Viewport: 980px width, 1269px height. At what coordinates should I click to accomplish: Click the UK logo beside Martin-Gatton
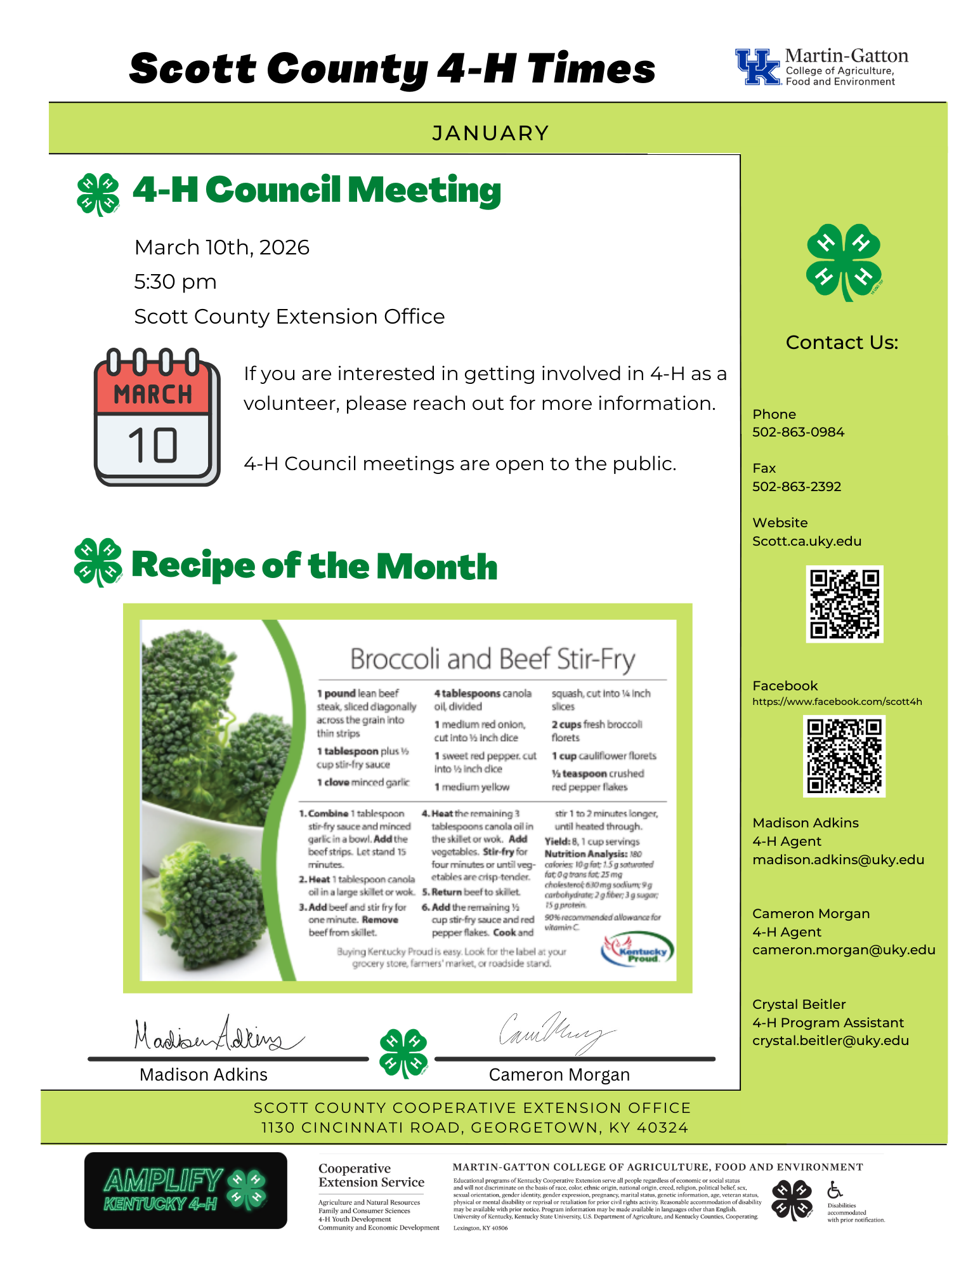point(757,67)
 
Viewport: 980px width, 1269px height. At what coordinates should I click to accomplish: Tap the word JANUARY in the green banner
point(490,133)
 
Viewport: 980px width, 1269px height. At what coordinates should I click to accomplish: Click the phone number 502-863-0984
point(798,432)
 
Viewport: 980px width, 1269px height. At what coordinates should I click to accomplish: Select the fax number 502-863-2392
point(797,487)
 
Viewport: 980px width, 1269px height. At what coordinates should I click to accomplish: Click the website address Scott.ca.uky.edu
point(807,541)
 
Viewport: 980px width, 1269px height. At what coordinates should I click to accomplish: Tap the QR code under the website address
point(844,604)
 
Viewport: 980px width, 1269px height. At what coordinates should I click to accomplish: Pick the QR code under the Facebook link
point(844,756)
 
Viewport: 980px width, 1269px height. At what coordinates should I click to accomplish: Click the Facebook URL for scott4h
point(837,702)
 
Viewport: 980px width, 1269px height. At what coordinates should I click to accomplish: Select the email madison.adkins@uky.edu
point(838,860)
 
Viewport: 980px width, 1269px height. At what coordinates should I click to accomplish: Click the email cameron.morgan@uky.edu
point(844,950)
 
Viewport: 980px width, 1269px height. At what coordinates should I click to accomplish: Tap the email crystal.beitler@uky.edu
point(830,1041)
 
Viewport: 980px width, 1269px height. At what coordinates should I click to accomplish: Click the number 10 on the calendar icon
point(153,445)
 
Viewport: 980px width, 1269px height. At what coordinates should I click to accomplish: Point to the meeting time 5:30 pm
point(175,282)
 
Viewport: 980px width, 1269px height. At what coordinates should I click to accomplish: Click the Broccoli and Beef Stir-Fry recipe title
point(492,659)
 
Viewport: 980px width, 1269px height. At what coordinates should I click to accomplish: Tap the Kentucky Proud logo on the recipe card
point(637,950)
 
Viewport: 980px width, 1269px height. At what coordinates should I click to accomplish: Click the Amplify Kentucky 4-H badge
point(185,1190)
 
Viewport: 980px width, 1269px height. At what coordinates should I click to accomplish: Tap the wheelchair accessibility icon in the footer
point(835,1190)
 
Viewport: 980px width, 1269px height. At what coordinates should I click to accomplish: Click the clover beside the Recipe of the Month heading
point(98,562)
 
